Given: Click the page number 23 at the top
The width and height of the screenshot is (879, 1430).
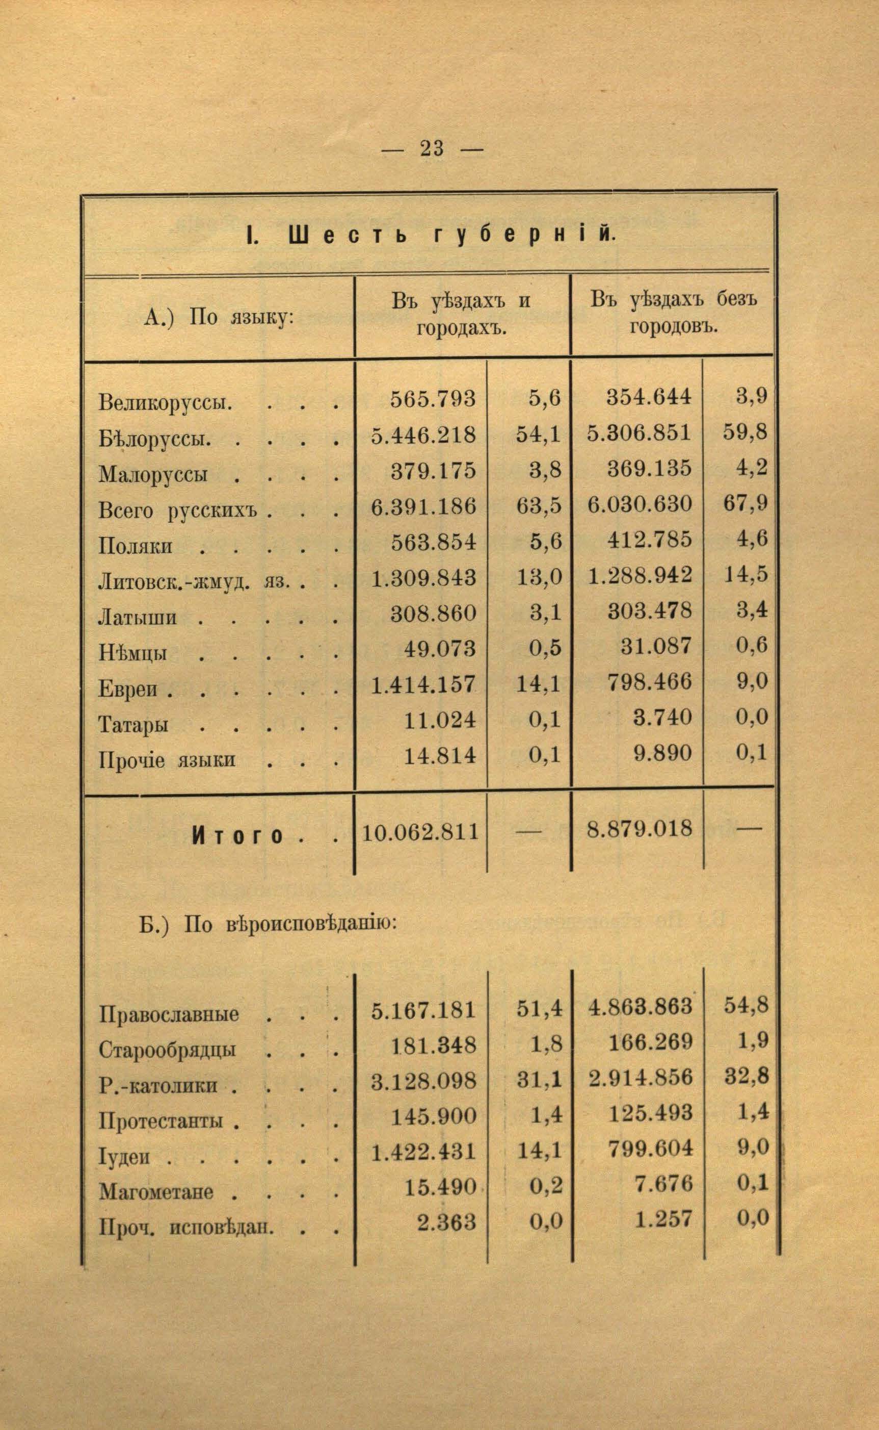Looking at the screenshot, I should point(431,148).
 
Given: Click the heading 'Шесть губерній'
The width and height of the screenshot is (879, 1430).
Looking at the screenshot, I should point(430,236).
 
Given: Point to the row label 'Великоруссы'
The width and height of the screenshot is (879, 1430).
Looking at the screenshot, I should point(166,402).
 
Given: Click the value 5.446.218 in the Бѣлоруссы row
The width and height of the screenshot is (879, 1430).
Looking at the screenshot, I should point(423,435).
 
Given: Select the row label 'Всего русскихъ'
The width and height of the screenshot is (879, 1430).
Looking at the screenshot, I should point(177,510).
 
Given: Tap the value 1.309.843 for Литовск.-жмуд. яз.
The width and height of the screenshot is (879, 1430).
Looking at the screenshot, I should point(423,578).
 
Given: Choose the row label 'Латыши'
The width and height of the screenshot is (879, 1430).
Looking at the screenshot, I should point(137,617).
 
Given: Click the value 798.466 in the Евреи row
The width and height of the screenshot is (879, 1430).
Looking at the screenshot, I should point(649,682).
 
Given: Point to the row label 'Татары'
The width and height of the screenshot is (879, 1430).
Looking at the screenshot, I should point(134,724).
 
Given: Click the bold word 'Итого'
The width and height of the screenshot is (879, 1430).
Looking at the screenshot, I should point(237,836).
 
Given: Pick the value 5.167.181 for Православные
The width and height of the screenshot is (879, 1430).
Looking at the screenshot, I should point(423,1011).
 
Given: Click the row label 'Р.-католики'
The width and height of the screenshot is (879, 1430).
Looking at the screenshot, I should point(158,1086).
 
